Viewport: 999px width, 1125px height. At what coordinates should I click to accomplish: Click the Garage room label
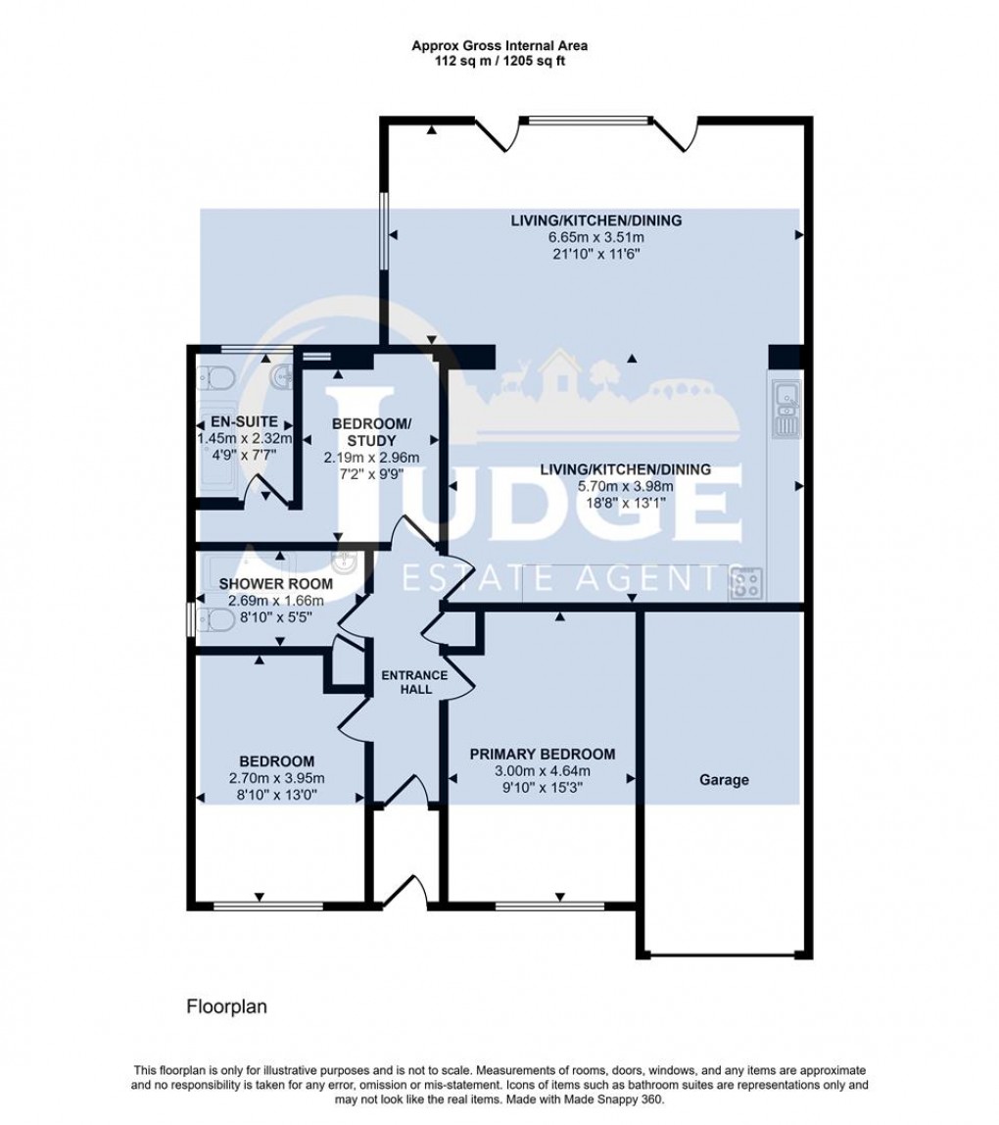tap(724, 780)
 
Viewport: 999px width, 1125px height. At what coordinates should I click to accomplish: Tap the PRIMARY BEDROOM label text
tap(542, 754)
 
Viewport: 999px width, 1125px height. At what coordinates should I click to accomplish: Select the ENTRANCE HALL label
tap(414, 682)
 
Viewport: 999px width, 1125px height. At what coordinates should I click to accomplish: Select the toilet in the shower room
tap(214, 621)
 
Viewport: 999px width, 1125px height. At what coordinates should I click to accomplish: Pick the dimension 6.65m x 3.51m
tap(595, 238)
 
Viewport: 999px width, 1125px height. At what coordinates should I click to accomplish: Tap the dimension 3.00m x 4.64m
tap(542, 770)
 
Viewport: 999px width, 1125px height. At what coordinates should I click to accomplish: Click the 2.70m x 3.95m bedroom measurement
tap(263, 778)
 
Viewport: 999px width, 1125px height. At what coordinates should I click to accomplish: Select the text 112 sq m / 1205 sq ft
tap(499, 60)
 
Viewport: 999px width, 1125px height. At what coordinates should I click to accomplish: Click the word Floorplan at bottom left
tap(226, 1006)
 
